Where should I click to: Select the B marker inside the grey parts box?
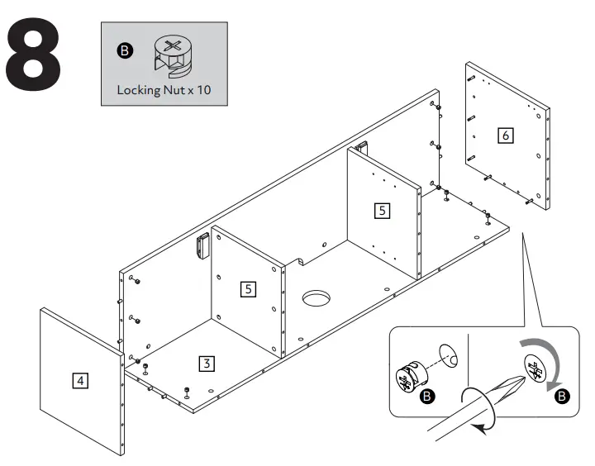pos(124,51)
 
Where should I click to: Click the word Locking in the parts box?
pos(137,89)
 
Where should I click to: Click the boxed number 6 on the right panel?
pos(504,134)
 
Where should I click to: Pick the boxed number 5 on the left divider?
pos(248,288)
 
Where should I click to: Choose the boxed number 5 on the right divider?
pos(381,210)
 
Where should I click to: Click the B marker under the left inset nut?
pos(427,397)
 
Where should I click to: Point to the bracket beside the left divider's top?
pos(202,245)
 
